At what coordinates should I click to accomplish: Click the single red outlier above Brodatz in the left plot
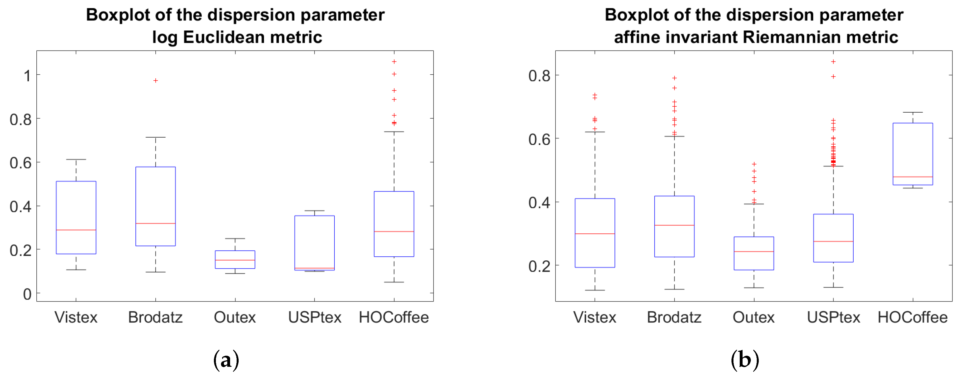[155, 81]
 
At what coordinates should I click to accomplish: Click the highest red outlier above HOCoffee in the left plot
[394, 62]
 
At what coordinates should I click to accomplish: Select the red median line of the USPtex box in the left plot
[314, 268]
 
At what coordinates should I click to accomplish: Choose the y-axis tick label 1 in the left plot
[27, 76]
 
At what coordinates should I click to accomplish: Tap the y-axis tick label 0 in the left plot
[27, 294]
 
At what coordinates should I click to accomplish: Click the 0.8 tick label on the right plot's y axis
[539, 76]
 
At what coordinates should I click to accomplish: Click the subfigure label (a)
[226, 360]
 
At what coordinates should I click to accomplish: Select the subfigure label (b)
[745, 360]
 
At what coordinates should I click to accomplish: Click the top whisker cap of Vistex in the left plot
[76, 159]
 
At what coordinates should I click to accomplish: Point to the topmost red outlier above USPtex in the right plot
[833, 62]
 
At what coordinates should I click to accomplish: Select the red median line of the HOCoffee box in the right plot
[912, 177]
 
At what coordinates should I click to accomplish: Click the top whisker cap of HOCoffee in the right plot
[912, 112]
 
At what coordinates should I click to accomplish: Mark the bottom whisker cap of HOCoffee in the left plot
[394, 282]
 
